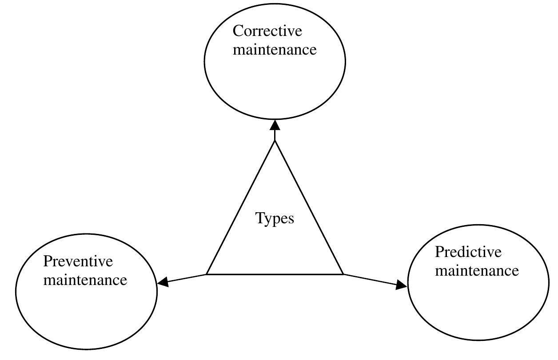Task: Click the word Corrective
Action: [x=267, y=31]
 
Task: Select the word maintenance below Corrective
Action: [x=275, y=49]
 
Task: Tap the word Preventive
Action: [x=78, y=261]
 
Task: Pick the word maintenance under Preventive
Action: [x=85, y=280]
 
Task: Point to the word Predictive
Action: [x=468, y=252]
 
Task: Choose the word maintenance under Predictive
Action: [x=477, y=270]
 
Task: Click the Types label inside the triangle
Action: [x=275, y=218]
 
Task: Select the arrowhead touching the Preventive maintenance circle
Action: [x=163, y=281]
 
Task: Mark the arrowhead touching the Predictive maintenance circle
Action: [x=401, y=285]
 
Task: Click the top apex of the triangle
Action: [x=275, y=141]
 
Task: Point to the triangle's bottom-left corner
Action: [x=207, y=274]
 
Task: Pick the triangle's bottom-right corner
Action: [x=343, y=274]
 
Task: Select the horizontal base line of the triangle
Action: [x=275, y=274]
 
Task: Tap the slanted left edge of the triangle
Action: [x=241, y=207]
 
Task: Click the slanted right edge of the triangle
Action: [x=309, y=207]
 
